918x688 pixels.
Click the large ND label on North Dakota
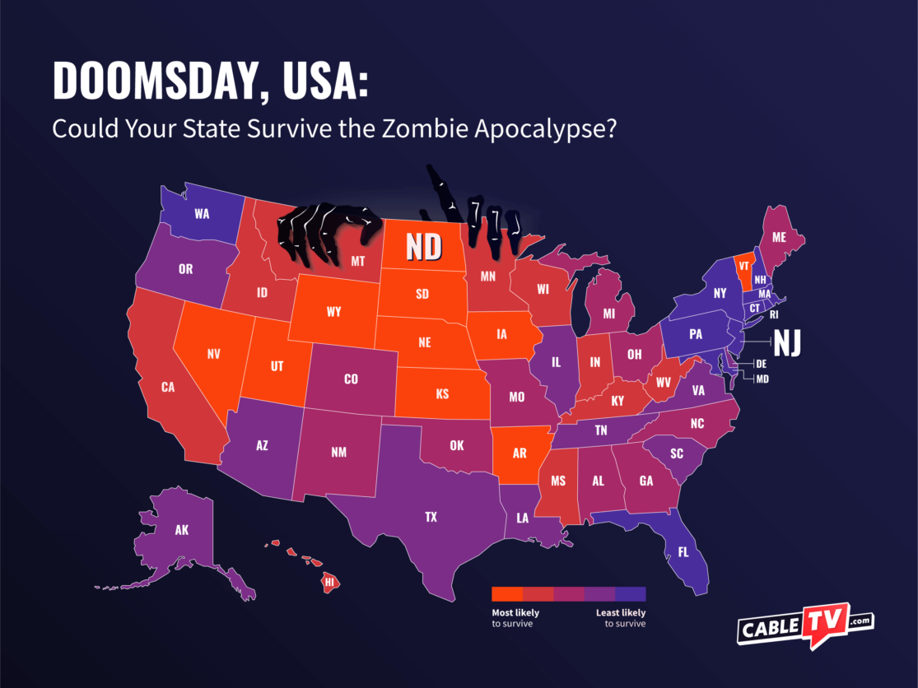point(423,245)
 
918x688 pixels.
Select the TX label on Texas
point(431,517)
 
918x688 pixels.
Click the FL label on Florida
point(683,553)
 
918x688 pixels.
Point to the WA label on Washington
point(202,213)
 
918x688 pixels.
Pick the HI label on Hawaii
point(330,582)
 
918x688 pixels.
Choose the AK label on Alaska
point(182,530)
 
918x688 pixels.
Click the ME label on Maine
point(778,237)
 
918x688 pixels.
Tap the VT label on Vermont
point(743,267)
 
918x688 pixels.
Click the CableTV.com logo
point(804,628)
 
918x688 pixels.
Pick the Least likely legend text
point(621,613)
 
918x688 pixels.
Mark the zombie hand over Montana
point(326,232)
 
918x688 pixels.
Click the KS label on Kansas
point(442,394)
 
